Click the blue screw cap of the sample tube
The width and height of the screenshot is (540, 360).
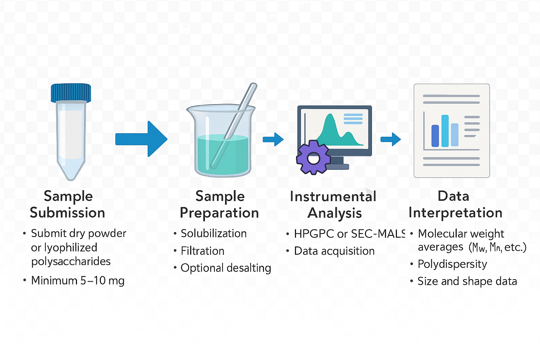click(71, 93)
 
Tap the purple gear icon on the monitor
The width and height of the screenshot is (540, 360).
click(313, 158)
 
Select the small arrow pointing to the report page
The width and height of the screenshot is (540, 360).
click(391, 139)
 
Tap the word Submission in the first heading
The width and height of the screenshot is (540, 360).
click(67, 213)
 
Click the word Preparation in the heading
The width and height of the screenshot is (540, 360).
click(219, 213)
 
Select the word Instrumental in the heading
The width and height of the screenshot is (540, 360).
click(333, 196)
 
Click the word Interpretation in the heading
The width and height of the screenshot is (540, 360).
click(455, 213)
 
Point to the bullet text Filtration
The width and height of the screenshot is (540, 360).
click(202, 251)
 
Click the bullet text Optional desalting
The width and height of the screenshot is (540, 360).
click(226, 268)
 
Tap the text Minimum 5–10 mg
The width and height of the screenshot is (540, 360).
click(78, 281)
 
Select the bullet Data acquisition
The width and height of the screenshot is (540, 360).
click(334, 251)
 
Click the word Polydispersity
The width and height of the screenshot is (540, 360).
click(452, 264)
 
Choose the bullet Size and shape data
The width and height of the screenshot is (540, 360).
click(467, 281)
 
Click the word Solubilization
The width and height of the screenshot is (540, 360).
click(213, 233)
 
